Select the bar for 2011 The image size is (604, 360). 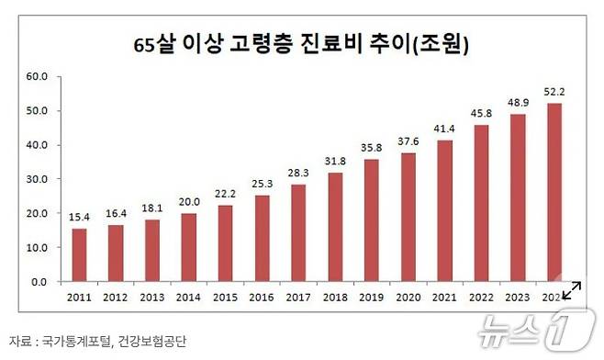80,254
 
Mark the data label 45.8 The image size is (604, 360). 482,115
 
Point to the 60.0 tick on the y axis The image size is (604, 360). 36,76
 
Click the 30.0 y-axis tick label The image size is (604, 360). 36,179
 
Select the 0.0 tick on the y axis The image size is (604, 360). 39,282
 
